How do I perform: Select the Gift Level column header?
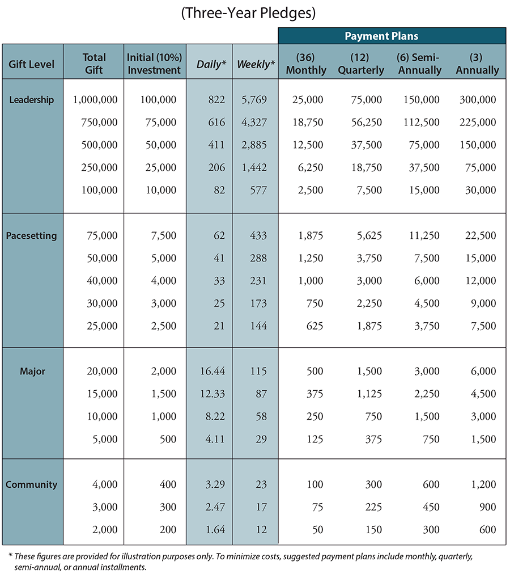coord(32,64)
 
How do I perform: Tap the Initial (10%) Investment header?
coord(154,64)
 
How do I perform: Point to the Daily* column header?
coord(211,65)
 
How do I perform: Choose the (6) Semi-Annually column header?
coord(420,64)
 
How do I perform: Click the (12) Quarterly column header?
coord(361,64)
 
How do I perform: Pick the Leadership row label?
coord(32,100)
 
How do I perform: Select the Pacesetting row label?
coord(32,235)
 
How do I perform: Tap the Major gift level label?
coord(32,371)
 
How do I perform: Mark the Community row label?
coord(32,484)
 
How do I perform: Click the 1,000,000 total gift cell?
coord(96,100)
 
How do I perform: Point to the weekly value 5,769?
coord(254,100)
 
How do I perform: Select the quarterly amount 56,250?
coord(367,123)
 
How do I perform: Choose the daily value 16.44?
coord(212,371)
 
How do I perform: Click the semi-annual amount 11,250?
coord(424,235)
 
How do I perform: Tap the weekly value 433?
coord(258,235)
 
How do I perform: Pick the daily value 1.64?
coord(215,530)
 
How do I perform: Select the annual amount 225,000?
coord(478,123)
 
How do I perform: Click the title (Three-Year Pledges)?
coord(248,13)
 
